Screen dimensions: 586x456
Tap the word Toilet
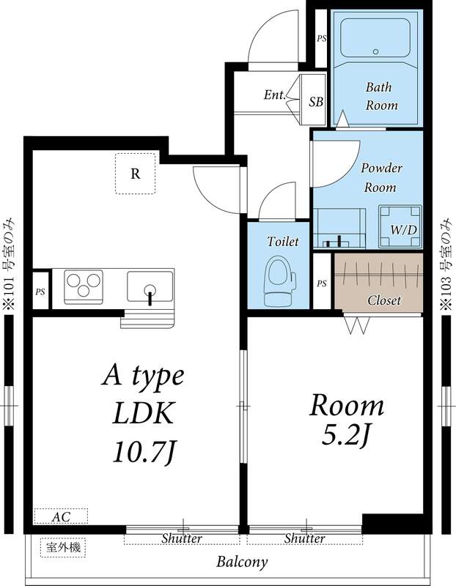click(x=282, y=241)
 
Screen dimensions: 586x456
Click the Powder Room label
click(x=382, y=177)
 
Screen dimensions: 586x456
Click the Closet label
click(x=384, y=300)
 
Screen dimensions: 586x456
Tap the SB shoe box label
click(x=316, y=102)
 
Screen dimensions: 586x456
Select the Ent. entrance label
click(x=274, y=95)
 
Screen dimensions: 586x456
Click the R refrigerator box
click(x=136, y=174)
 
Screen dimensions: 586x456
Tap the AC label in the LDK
click(x=61, y=517)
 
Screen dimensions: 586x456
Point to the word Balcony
click(x=241, y=563)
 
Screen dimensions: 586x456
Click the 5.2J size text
click(x=346, y=436)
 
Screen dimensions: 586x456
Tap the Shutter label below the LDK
click(x=182, y=538)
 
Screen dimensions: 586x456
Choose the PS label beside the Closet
click(x=321, y=283)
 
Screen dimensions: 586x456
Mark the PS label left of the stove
click(x=40, y=292)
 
